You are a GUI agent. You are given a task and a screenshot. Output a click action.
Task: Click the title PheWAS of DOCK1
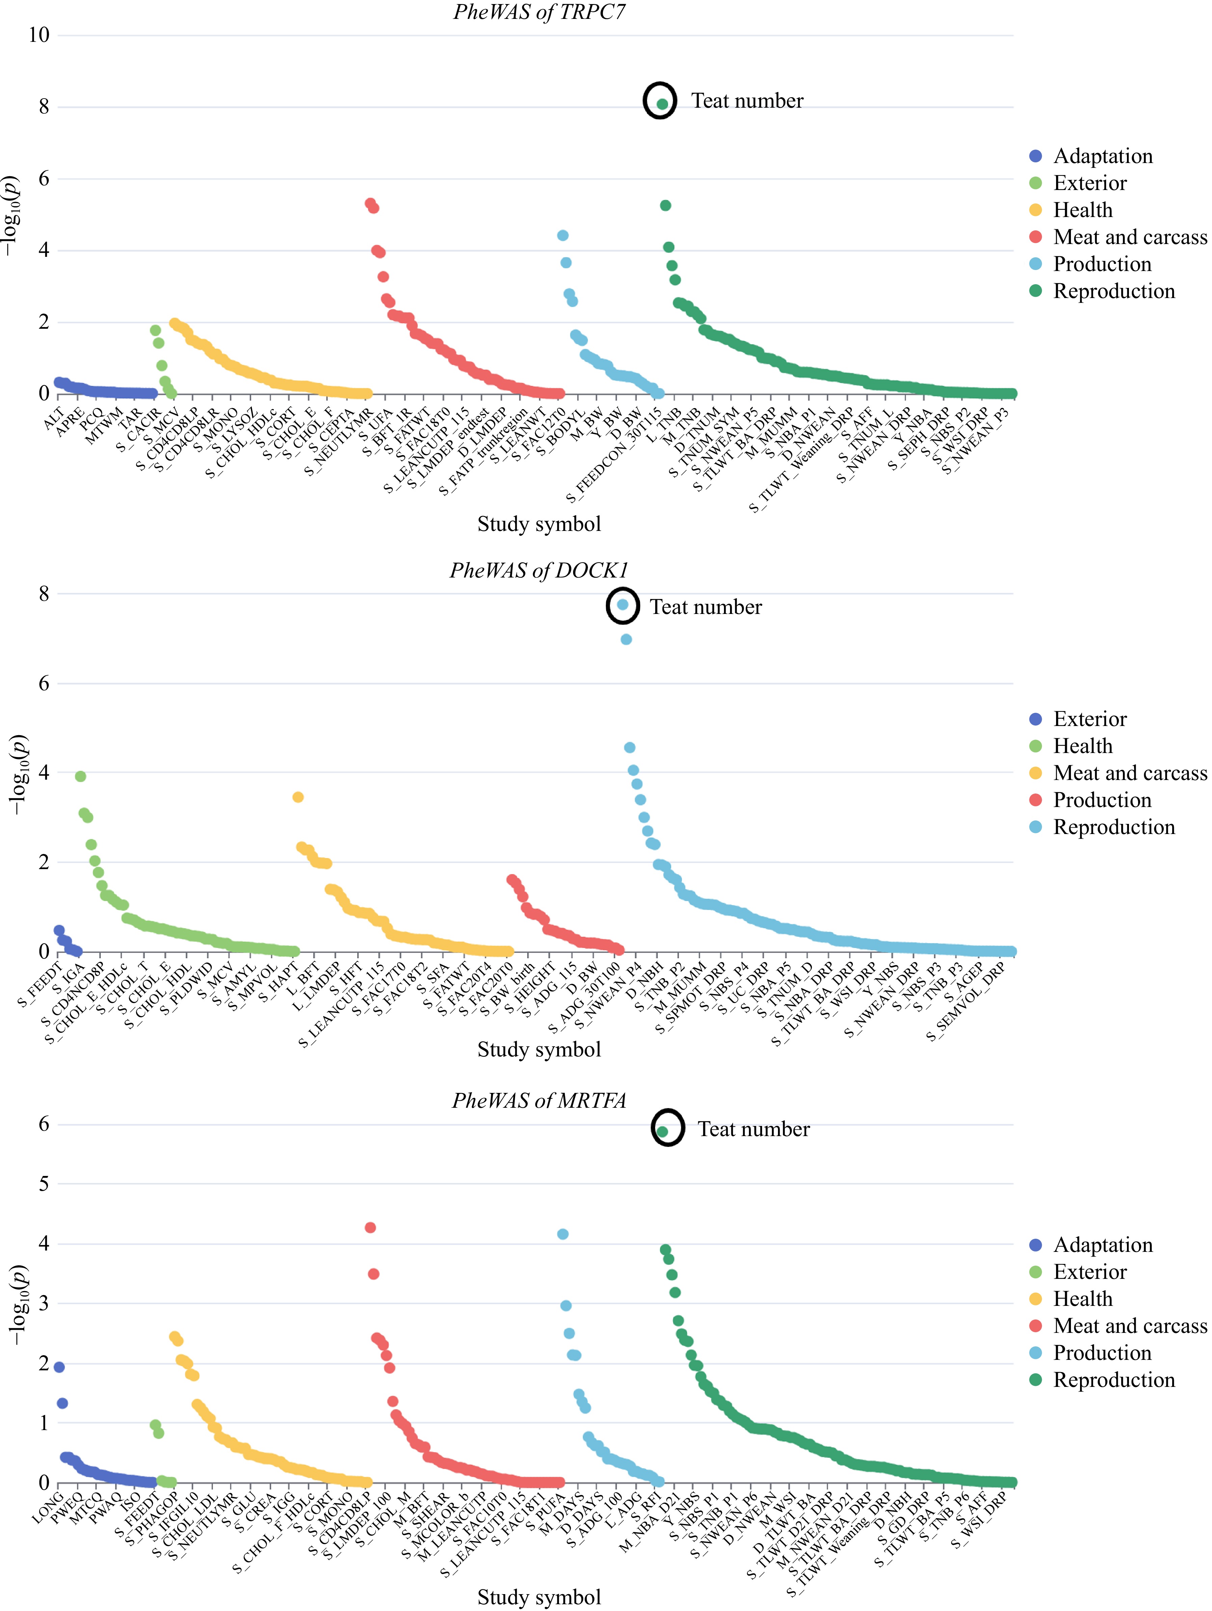[539, 570]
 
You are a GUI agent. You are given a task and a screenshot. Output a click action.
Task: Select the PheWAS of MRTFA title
[539, 1100]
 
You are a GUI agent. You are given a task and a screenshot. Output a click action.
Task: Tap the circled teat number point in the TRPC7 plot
[662, 104]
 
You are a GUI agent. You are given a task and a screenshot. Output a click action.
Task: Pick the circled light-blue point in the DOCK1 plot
[623, 605]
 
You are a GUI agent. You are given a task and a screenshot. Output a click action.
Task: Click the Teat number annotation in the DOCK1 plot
[705, 608]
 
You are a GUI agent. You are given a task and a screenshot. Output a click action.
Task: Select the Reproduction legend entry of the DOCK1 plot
[1113, 827]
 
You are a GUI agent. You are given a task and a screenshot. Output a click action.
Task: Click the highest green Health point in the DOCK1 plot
[81, 776]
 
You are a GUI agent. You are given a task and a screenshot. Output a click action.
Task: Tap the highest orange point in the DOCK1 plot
[298, 798]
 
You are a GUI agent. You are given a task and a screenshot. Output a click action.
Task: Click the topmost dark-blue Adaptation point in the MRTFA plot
[60, 1367]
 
